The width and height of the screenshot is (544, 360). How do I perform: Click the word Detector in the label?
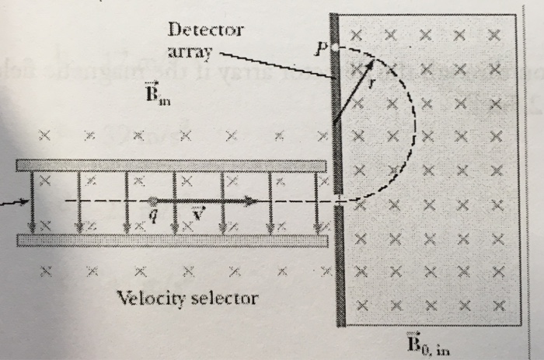click(x=205, y=31)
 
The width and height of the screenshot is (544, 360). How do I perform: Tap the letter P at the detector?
click(x=319, y=48)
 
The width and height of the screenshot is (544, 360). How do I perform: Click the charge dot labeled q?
click(x=152, y=201)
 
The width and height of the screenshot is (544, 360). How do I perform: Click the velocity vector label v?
click(x=197, y=215)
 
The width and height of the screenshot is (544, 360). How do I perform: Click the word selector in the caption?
click(x=225, y=297)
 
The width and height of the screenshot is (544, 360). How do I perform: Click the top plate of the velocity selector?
click(x=171, y=166)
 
